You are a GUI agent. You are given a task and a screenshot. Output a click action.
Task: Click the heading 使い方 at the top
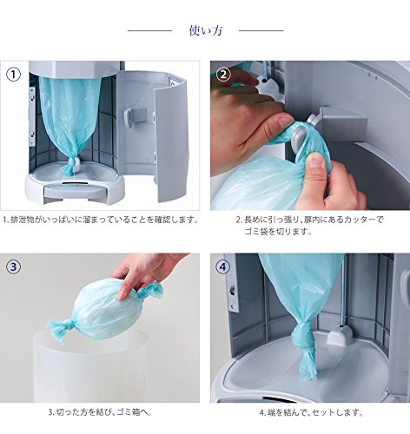click(x=206, y=30)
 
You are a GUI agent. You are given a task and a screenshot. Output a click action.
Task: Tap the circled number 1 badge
click(x=14, y=75)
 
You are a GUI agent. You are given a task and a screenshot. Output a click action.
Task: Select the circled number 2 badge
click(x=223, y=75)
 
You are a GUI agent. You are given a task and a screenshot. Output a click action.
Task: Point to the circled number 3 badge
click(x=14, y=266)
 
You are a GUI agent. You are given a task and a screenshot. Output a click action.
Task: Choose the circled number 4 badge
click(x=223, y=266)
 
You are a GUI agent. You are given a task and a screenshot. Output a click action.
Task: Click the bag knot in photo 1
click(x=69, y=166)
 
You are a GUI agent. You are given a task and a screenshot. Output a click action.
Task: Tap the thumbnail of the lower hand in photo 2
click(x=315, y=161)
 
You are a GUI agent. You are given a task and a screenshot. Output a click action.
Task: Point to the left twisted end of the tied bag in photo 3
click(x=58, y=328)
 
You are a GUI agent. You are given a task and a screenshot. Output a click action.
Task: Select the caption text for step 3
click(x=100, y=411)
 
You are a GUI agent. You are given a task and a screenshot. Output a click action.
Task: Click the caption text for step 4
click(x=311, y=412)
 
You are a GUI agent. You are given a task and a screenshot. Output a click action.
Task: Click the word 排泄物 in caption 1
click(x=26, y=220)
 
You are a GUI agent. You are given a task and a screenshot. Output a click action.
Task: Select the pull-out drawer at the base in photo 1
click(x=76, y=190)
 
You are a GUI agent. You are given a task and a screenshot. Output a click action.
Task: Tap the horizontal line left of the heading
click(x=149, y=30)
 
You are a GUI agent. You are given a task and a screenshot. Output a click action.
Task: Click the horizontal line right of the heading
click(x=261, y=30)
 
